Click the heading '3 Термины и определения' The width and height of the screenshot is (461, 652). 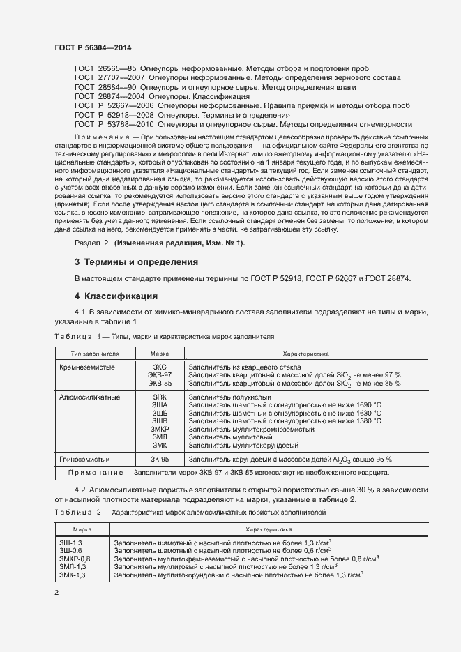[136, 262]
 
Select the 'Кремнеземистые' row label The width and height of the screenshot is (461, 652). [87, 367]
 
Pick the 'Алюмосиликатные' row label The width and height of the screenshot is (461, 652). [90, 397]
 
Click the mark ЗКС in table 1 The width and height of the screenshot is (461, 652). [160, 367]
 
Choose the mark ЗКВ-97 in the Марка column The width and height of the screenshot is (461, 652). [160, 375]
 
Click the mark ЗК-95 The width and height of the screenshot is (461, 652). [160, 459]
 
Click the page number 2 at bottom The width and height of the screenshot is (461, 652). [56, 593]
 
